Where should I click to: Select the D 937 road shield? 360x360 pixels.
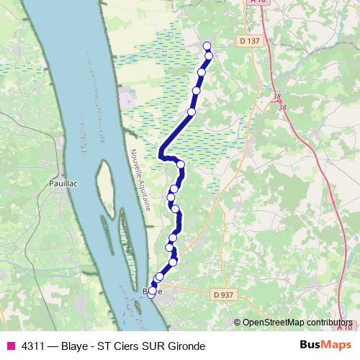tap(222, 294)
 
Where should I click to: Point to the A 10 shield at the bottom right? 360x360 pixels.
tap(346, 326)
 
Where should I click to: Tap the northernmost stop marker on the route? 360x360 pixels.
tap(207, 46)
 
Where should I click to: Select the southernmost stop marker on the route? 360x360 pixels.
tap(151, 292)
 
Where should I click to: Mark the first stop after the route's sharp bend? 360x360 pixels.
tap(181, 165)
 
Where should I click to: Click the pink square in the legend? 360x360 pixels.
tap(10, 346)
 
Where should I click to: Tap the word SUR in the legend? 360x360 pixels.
tap(152, 346)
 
